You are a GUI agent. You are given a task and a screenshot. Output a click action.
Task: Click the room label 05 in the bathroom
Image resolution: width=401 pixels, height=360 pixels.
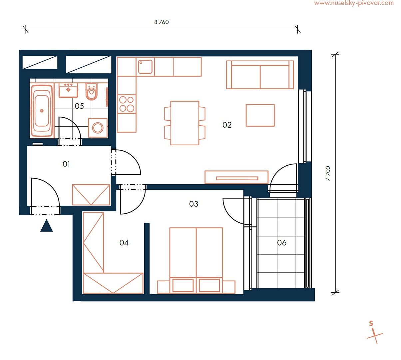coord(79,106)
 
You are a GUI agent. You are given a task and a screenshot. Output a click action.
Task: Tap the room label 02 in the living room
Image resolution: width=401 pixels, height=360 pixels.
coord(227,125)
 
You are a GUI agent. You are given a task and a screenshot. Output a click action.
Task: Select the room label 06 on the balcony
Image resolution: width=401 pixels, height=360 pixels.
coord(282,243)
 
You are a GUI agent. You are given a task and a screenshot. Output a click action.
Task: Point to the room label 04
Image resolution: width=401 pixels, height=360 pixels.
coord(124,243)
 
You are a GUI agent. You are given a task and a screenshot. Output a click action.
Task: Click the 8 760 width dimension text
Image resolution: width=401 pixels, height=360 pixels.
coord(161,22)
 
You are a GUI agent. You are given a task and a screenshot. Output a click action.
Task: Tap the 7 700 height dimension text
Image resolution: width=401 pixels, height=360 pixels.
coord(328,173)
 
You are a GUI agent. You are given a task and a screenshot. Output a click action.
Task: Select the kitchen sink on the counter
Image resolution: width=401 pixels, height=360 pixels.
coord(145,67)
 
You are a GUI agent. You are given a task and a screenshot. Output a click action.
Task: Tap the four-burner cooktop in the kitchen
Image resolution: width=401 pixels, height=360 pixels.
coord(127,104)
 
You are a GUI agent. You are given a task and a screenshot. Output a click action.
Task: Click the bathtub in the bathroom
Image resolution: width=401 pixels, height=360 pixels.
coord(42,111)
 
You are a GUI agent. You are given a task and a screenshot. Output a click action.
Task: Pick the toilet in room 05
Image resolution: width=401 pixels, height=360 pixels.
coord(92,92)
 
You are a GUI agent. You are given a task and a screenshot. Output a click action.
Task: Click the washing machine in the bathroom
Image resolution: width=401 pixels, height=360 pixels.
coord(98,128)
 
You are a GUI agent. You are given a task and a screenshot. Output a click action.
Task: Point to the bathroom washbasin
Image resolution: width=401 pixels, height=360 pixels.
coord(68,90)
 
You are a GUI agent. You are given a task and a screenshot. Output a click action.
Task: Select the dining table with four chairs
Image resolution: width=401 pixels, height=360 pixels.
coord(185,123)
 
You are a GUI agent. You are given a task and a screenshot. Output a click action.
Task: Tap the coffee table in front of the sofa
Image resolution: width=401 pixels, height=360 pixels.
coord(260,115)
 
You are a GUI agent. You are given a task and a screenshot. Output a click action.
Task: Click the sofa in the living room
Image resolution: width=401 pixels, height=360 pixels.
coord(260,75)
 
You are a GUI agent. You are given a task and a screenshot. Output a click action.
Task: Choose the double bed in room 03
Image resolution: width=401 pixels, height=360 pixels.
coord(196,260)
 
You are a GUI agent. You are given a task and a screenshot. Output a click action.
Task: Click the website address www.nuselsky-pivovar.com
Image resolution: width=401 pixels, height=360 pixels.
coord(354,3)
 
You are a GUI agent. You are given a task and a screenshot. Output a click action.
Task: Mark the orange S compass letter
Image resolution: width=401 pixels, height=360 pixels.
coord(371,324)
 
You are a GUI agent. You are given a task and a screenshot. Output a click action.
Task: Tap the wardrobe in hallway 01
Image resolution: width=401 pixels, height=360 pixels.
coord(91,195)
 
